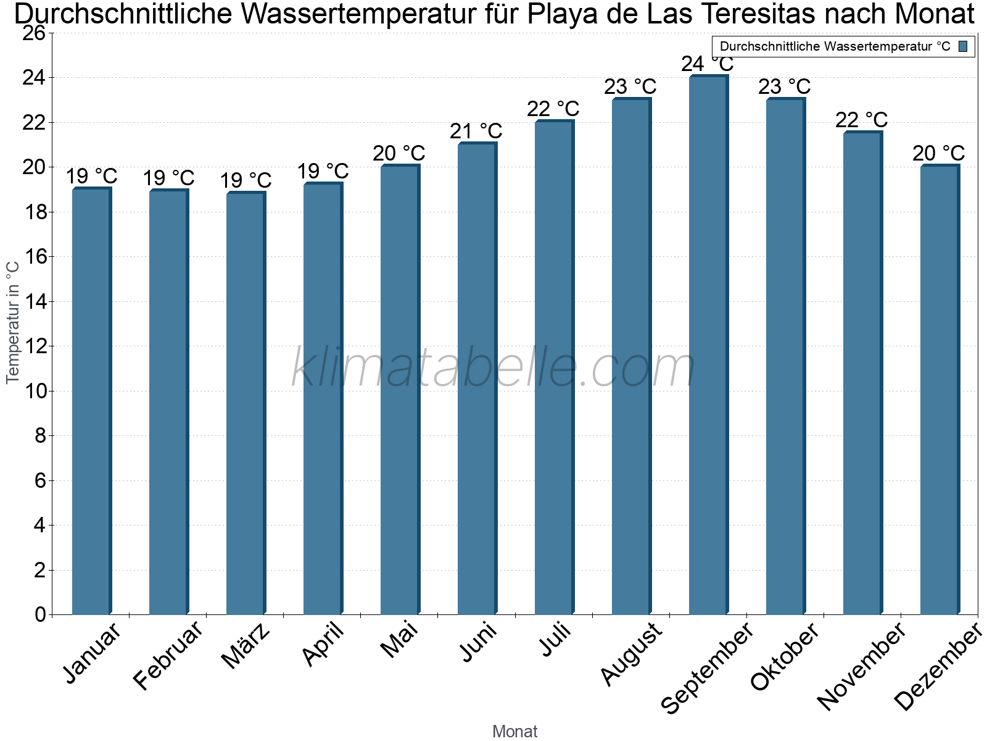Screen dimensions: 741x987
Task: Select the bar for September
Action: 708,346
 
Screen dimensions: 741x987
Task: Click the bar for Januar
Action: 91,401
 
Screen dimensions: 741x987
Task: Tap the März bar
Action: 246,404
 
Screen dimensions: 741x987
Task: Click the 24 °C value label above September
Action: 708,64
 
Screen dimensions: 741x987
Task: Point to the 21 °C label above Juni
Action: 476,132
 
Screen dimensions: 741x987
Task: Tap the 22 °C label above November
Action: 862,120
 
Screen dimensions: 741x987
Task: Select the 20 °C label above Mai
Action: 399,154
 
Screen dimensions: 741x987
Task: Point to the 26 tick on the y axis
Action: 34,33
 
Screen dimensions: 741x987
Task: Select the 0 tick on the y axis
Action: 41,615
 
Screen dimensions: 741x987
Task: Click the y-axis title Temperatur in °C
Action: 13,322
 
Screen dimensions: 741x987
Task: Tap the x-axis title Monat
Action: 515,732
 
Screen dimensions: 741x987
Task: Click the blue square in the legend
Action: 963,46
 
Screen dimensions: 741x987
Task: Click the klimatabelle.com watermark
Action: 493,367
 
